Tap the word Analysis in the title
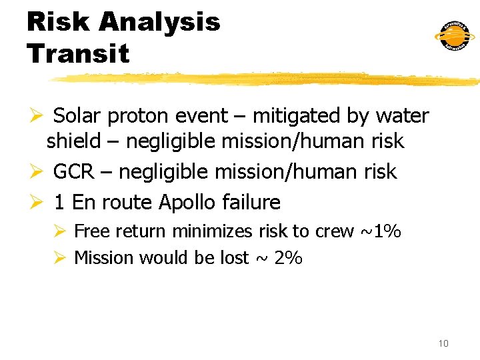click(x=159, y=22)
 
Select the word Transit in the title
click(x=78, y=53)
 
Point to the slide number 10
click(x=443, y=343)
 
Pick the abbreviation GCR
click(x=73, y=172)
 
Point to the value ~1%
click(x=380, y=231)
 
